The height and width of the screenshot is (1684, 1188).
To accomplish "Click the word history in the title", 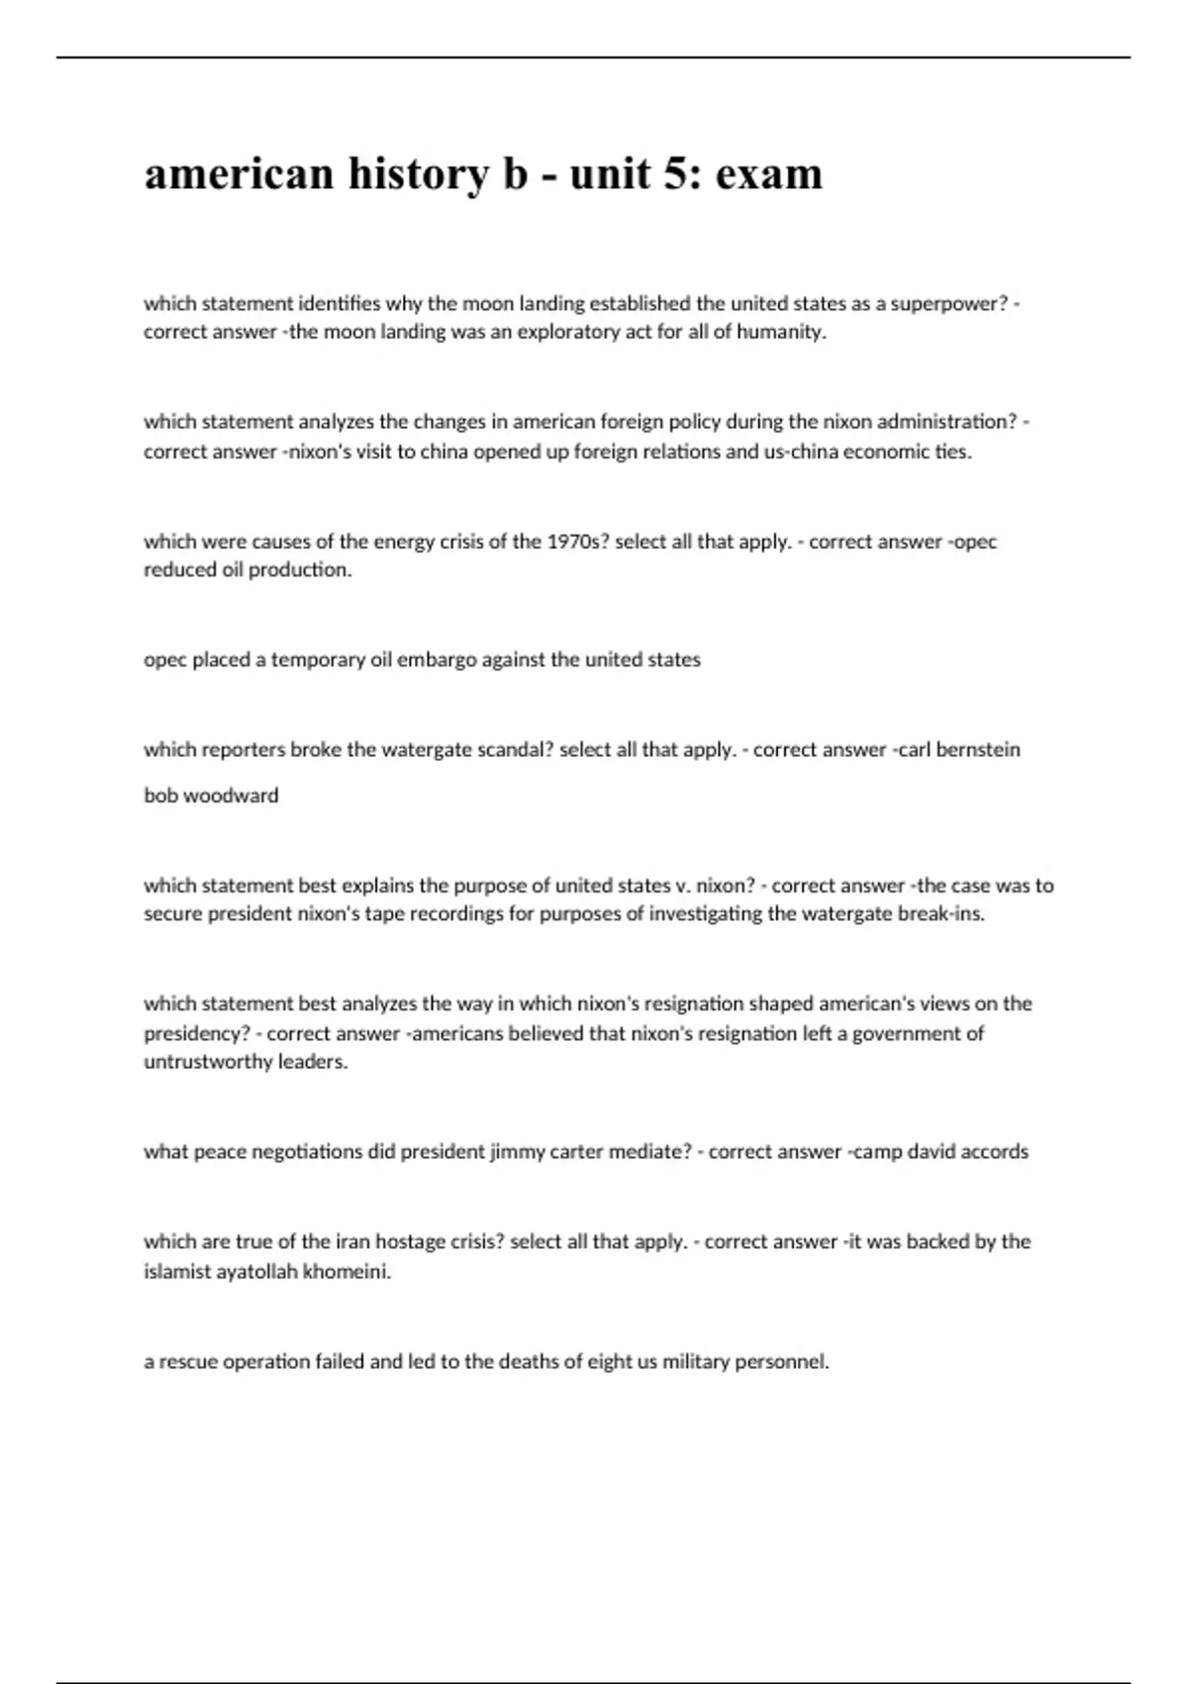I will pos(418,174).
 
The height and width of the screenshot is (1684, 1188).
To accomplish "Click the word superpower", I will pos(948,303).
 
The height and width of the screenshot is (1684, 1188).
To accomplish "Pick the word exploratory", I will pos(553,332).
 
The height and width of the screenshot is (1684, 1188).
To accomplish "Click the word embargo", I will pos(437,660).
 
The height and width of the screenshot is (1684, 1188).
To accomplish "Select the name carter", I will pos(579,1152).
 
